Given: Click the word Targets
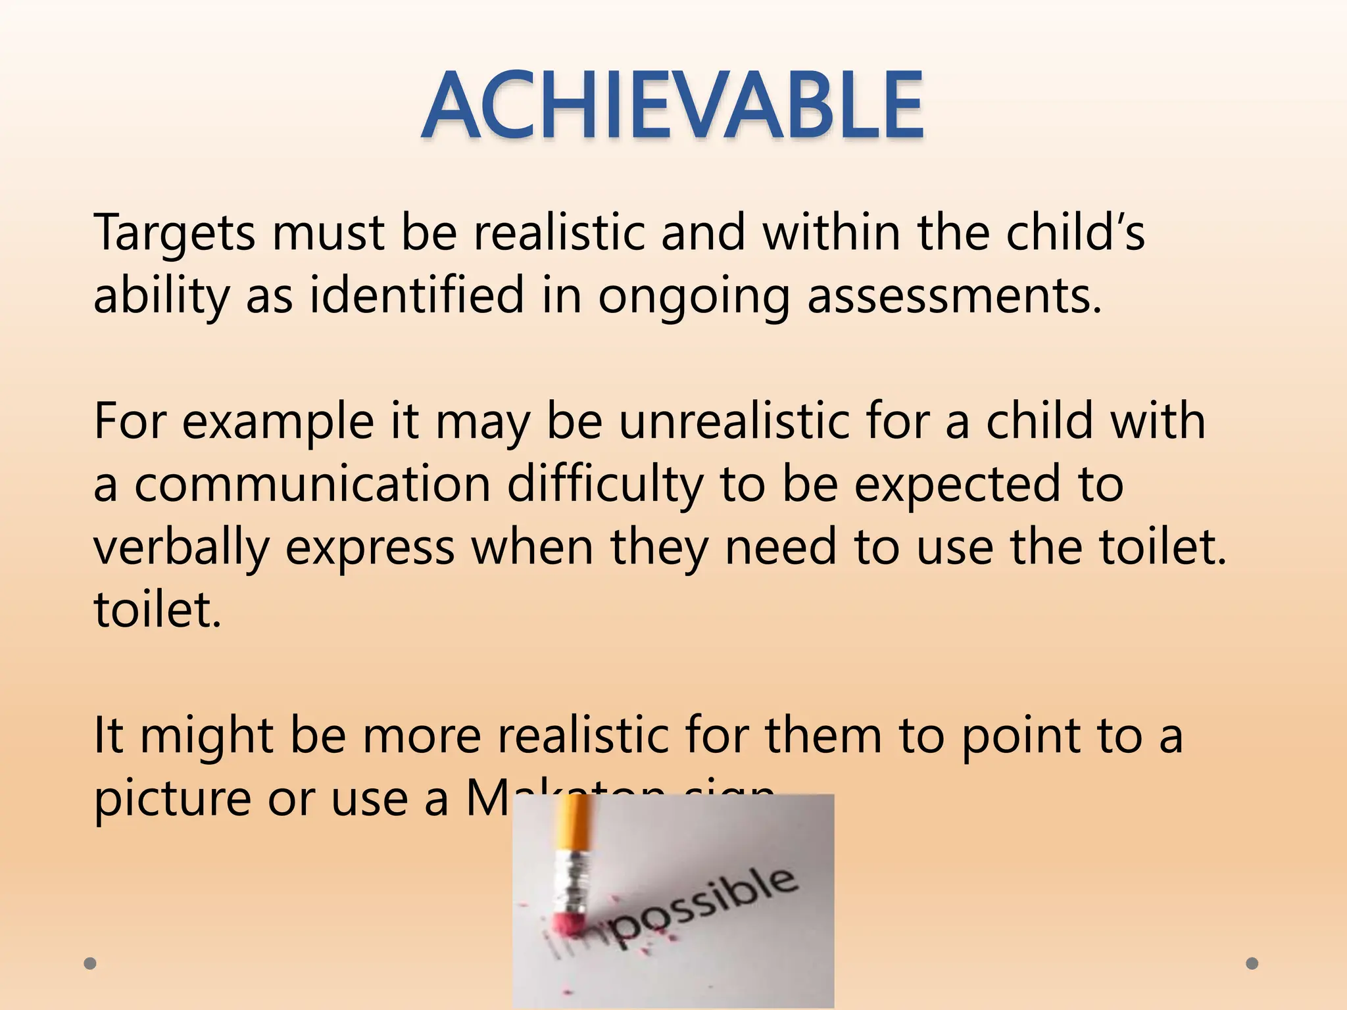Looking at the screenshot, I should pos(174,233).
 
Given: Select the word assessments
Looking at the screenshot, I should pos(954,296).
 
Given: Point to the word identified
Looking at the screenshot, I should pos(416,296).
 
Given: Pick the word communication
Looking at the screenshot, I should pos(312,484).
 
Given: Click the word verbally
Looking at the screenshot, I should pos(182,547).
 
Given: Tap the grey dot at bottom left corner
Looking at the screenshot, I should pos(91,964).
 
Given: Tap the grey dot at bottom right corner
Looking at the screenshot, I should pos(1252,964).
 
